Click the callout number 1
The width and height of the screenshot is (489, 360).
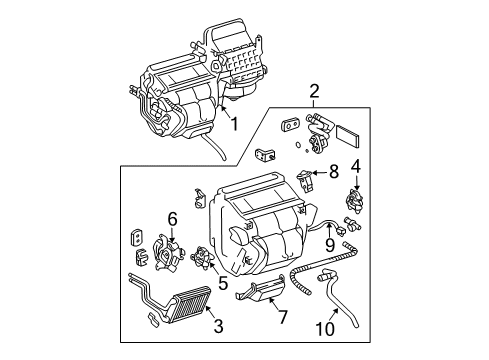[x=234, y=125]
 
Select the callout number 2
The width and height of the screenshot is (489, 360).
[x=314, y=93]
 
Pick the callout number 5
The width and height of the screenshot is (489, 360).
[x=222, y=284]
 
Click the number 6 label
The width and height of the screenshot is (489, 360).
[x=172, y=218]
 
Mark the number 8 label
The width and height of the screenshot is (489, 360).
[x=334, y=171]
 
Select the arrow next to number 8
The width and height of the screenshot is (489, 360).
[x=320, y=174]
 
